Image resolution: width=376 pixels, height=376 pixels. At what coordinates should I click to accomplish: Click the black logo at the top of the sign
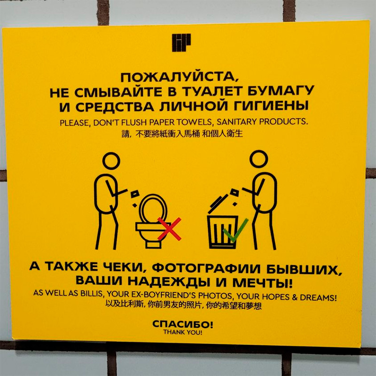pyautogui.click(x=181, y=42)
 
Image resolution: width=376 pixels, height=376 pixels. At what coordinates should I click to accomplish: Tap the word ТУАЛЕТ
pyautogui.click(x=212, y=91)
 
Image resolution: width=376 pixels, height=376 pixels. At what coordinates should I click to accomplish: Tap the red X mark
pyautogui.click(x=169, y=229)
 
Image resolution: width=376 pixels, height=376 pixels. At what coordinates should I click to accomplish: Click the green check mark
pyautogui.click(x=235, y=230)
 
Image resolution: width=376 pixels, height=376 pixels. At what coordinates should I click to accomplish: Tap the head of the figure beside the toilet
pyautogui.click(x=111, y=161)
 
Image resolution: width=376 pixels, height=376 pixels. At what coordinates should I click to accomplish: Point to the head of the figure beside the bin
pyautogui.click(x=258, y=159)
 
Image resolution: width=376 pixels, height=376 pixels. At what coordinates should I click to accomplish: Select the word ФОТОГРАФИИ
pyautogui.click(x=206, y=268)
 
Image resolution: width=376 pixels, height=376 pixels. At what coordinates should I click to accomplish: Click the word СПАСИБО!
pyautogui.click(x=182, y=324)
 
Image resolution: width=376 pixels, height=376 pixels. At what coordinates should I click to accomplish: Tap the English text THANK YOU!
pyautogui.click(x=183, y=332)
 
